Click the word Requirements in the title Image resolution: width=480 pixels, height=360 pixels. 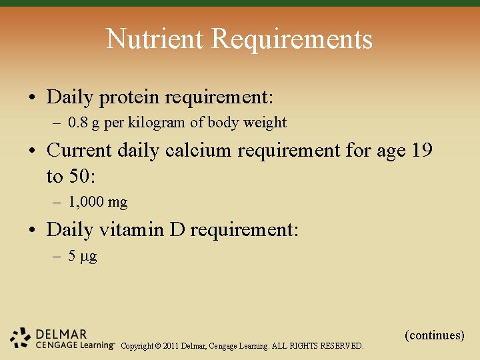coord(292,39)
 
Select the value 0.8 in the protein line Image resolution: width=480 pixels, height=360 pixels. coord(79,123)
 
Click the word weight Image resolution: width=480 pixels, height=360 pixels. coord(266,123)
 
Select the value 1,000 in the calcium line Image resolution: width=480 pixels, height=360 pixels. coord(86,202)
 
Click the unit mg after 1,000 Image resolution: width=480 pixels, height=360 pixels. coord(117,202)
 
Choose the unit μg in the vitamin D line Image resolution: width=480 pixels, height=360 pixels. coord(89,256)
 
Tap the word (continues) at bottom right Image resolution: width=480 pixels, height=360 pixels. coord(435,335)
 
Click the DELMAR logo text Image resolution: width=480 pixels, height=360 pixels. coord(62,333)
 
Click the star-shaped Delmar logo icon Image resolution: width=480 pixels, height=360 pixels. coord(21,338)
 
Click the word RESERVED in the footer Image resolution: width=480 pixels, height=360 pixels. coord(342,346)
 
